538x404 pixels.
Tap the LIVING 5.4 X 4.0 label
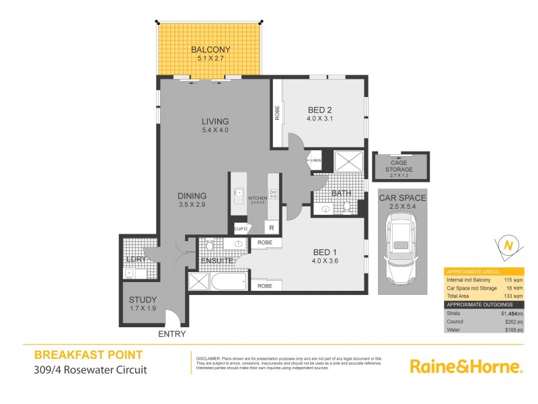pos(215,126)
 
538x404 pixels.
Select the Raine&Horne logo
pos(466,366)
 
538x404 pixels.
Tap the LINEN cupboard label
pos(315,160)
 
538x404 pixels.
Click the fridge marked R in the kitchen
pos(272,227)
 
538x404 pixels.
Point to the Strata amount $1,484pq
pos(510,314)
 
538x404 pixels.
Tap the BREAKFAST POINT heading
pos(88,355)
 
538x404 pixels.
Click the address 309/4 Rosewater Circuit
pos(90,369)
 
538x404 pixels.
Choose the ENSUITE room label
pos(215,260)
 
